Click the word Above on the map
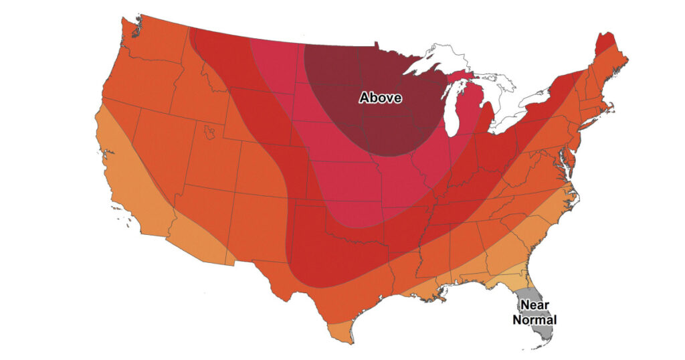(381, 98)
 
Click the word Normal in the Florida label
(534, 320)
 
